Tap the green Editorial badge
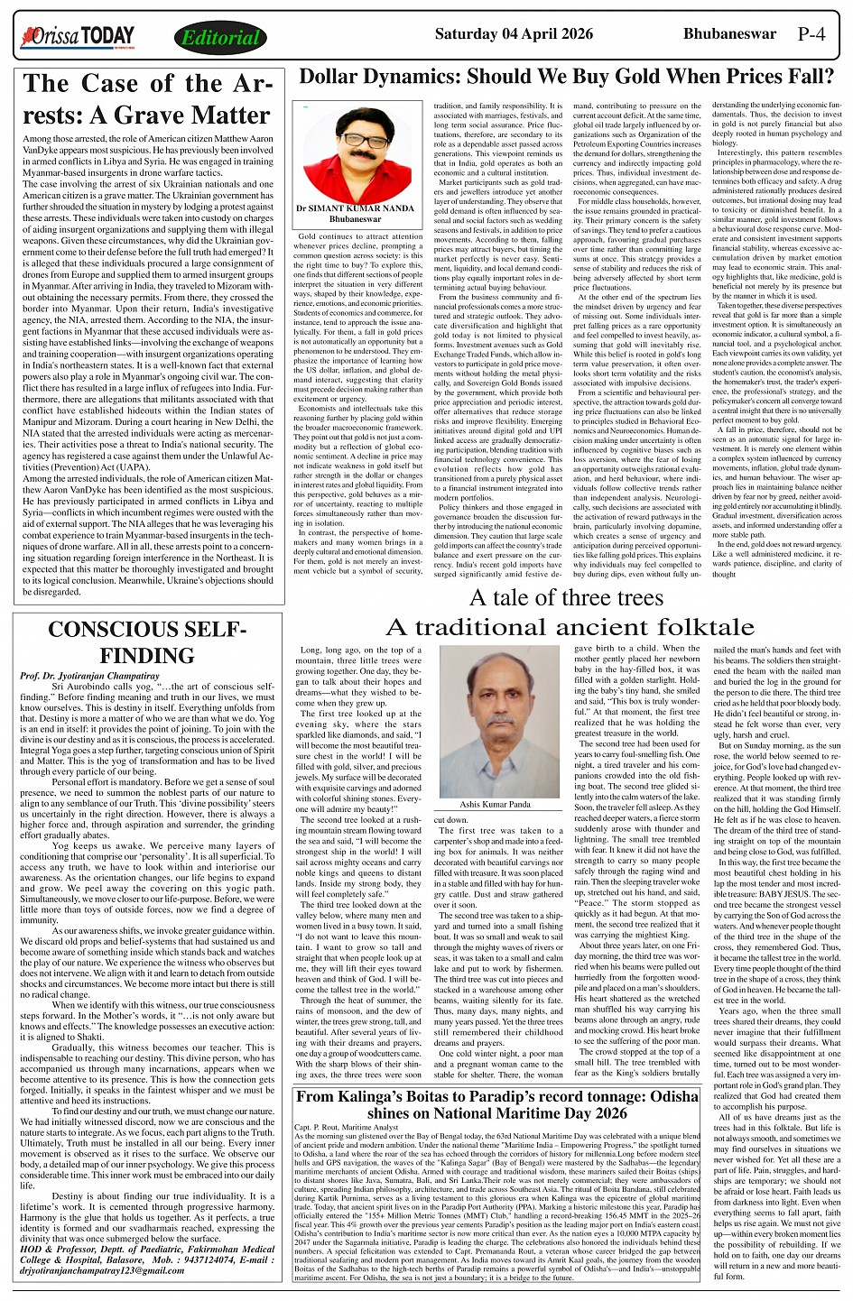[219, 38]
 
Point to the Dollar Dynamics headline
[565, 78]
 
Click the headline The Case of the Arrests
[147, 99]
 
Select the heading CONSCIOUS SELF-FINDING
[147, 642]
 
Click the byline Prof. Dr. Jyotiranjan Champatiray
[89, 675]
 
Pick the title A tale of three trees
[565, 597]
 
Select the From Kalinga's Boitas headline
[497, 1104]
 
